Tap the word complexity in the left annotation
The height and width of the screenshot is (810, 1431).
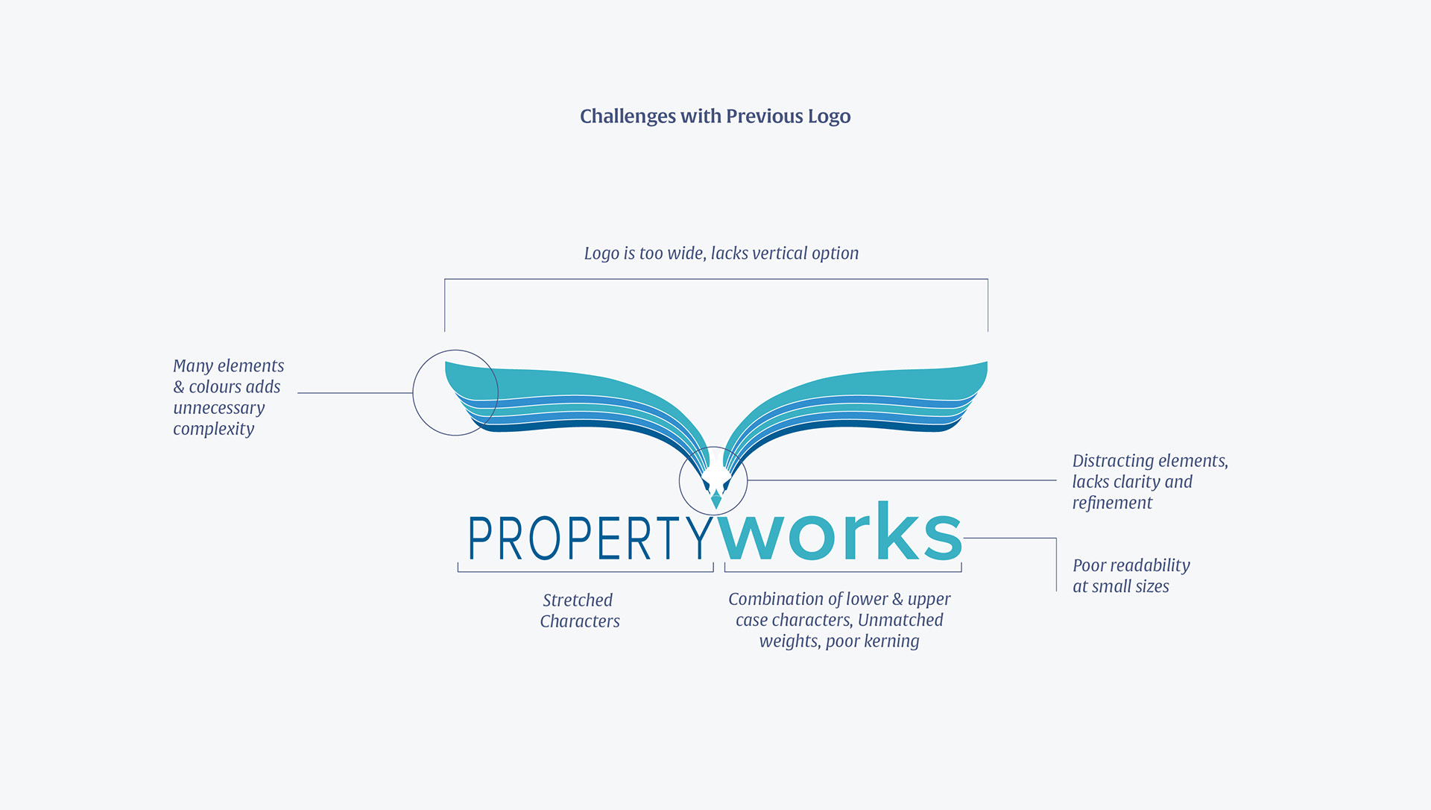[x=214, y=430]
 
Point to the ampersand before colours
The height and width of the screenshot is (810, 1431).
[x=179, y=387]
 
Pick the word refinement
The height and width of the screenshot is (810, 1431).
[x=1112, y=503]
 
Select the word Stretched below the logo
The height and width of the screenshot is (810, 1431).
[x=578, y=600]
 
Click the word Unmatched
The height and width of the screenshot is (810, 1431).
[x=900, y=621]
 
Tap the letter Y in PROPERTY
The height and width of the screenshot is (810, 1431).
[x=698, y=538]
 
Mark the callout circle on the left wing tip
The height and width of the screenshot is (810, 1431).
[x=455, y=392]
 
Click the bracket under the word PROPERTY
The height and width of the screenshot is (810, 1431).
[x=585, y=571]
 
